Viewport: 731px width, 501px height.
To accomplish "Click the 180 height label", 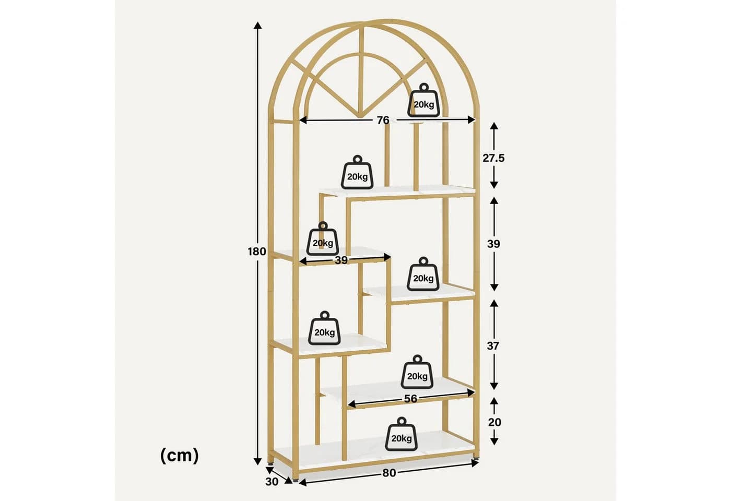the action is coord(257,252).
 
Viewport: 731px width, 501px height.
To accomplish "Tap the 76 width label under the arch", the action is coord(383,121).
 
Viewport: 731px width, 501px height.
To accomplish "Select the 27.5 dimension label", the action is coord(493,158).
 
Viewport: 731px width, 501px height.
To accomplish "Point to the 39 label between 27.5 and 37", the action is coord(493,244).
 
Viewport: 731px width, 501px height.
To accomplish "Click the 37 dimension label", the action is coord(493,345).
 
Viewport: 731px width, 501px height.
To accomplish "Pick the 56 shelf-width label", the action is coord(410,399).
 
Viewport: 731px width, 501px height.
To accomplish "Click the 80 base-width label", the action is coord(389,473).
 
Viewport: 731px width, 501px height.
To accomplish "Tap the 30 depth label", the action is coord(272,482).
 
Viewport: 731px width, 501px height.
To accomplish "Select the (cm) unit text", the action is coord(180,455).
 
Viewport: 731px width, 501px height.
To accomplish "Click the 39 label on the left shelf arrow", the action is coord(341,260).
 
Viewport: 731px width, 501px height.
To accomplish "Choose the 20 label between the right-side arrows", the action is coord(494,422).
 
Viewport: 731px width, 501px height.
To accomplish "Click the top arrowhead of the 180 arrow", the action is coord(258,26).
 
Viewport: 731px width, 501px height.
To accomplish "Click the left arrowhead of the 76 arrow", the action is coord(302,120).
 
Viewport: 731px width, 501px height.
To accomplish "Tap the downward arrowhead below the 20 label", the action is coord(494,442).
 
